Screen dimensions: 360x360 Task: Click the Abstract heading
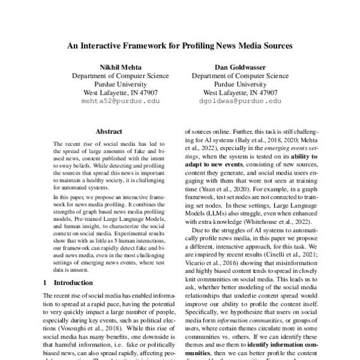[x=109, y=131]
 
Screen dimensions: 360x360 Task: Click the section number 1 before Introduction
[x=45, y=282]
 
